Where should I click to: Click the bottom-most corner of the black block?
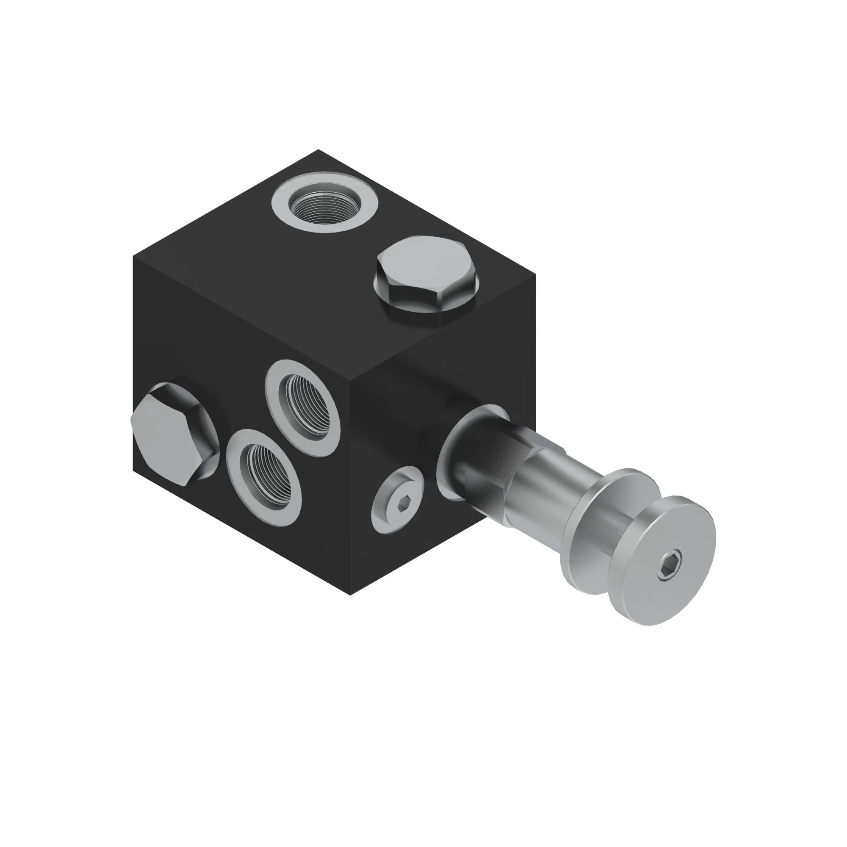pyautogui.click(x=350, y=595)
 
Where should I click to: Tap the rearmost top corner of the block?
pyautogui.click(x=318, y=150)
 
